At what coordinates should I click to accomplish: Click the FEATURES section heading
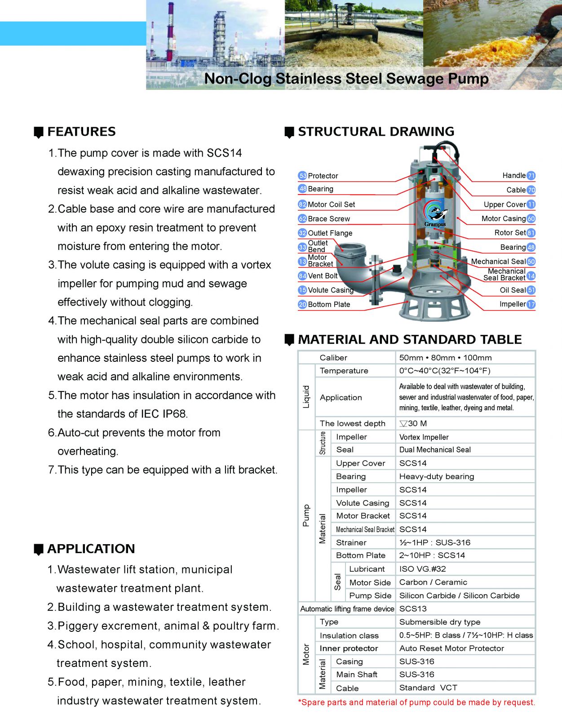coord(81,132)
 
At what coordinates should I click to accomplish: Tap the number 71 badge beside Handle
coord(531,176)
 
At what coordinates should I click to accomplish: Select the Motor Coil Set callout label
coord(331,204)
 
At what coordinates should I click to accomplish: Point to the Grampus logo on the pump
coord(435,214)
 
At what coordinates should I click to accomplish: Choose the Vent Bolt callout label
coord(323,276)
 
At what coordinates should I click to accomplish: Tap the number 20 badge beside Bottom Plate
coord(302,305)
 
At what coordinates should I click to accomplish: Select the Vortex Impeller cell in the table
coord(424,437)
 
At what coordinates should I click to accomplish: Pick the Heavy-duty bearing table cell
coord(436,476)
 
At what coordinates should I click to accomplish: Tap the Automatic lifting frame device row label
coord(347,609)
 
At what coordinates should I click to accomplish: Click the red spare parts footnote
coord(416,702)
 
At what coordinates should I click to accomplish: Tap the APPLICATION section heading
coord(91,549)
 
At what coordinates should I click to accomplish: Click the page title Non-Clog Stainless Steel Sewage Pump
coord(346,79)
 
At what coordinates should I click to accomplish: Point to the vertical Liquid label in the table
coord(306,397)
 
